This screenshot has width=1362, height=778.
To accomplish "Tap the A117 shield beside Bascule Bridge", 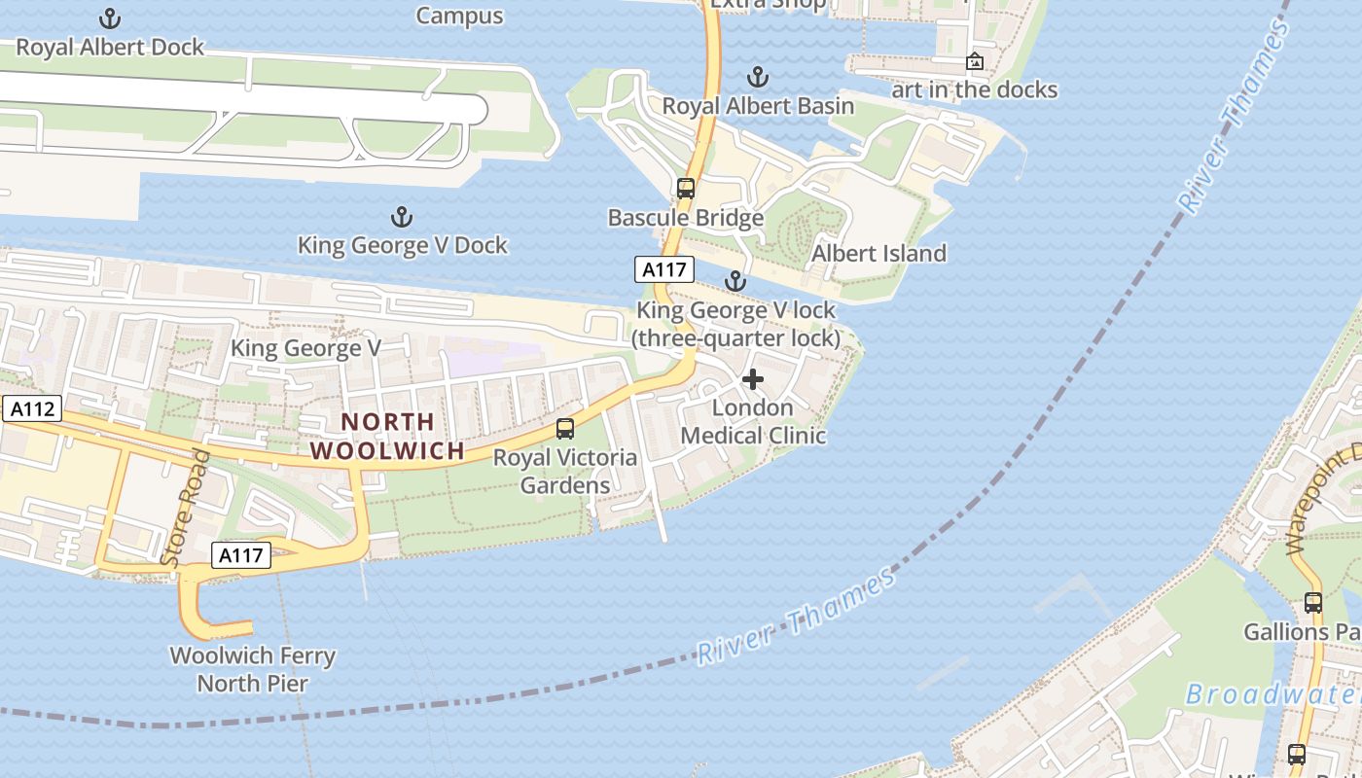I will pyautogui.click(x=663, y=269).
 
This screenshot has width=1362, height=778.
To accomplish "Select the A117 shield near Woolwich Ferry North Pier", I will pyautogui.click(x=240, y=555).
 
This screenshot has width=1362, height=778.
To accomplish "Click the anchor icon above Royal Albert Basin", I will pyautogui.click(x=757, y=77).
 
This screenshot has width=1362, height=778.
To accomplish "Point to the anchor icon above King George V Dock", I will pyautogui.click(x=401, y=217).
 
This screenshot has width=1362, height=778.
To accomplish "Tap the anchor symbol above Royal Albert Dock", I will pyautogui.click(x=110, y=18).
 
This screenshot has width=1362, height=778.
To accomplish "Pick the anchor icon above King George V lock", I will pyautogui.click(x=735, y=282).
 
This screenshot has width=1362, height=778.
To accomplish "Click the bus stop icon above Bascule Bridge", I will pyautogui.click(x=686, y=189).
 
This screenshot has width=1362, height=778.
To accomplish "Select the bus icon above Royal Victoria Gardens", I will pyautogui.click(x=564, y=428).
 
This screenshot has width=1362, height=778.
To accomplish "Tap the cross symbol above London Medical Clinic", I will pyautogui.click(x=753, y=379).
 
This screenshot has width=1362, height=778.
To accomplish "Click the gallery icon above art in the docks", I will pyautogui.click(x=974, y=62).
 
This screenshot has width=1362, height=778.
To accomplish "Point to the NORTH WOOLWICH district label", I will pyautogui.click(x=387, y=437).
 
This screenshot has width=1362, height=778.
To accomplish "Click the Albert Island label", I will pyautogui.click(x=878, y=254).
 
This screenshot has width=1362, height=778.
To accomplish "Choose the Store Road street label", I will pyautogui.click(x=185, y=509).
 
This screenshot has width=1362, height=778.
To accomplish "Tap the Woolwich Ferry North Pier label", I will pyautogui.click(x=253, y=669).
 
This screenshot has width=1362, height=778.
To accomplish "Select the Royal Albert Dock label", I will pyautogui.click(x=110, y=47).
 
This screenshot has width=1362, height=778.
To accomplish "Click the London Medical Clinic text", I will pyautogui.click(x=753, y=421).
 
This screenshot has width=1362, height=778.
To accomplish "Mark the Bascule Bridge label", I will pyautogui.click(x=686, y=218).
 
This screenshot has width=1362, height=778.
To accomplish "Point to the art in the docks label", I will pyautogui.click(x=974, y=89).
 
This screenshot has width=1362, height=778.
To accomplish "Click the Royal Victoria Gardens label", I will pyautogui.click(x=565, y=471).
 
